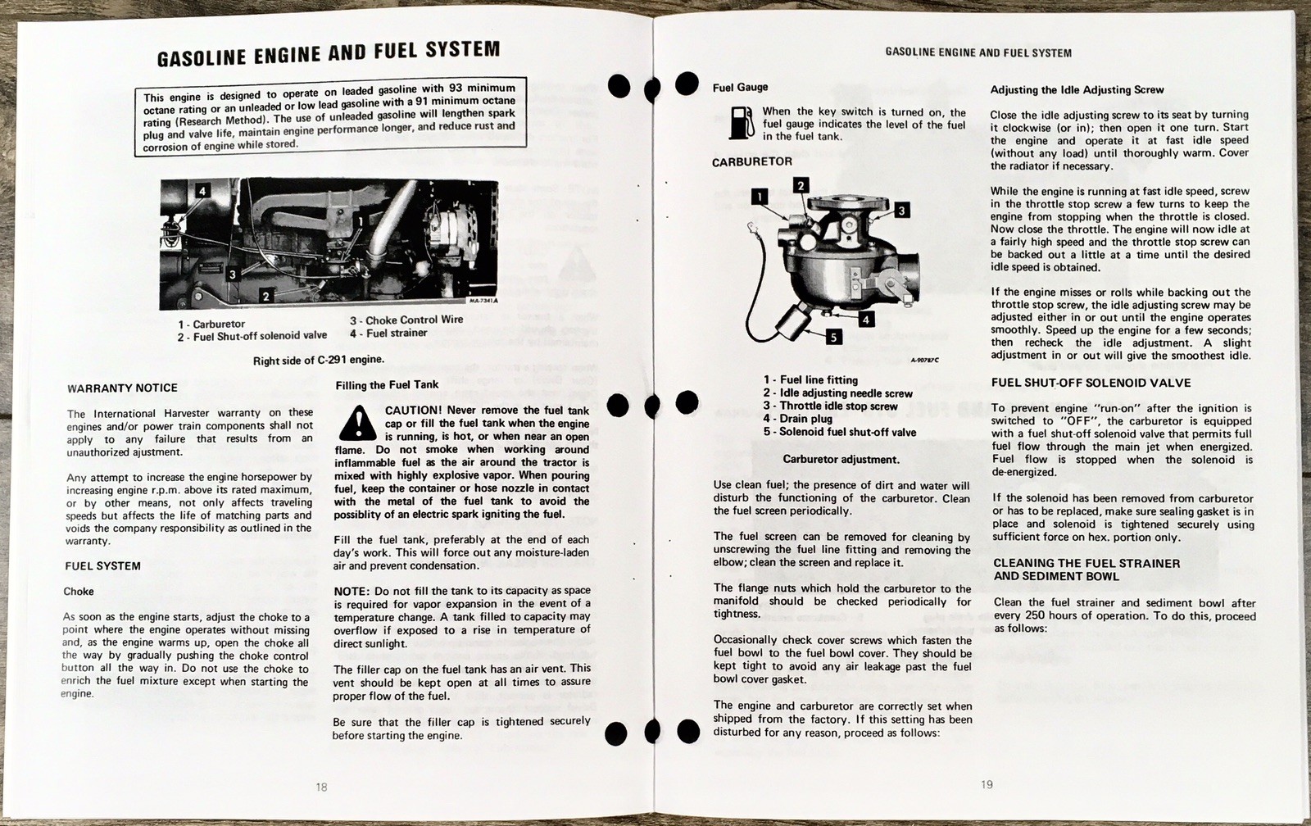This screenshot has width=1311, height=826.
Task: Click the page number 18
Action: click(x=321, y=787)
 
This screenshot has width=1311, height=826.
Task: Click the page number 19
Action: click(x=987, y=784)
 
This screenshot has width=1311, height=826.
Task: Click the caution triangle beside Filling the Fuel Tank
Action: click(x=357, y=423)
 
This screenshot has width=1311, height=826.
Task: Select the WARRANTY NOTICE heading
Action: click(x=122, y=388)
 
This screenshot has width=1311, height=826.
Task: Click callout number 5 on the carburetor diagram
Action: click(x=833, y=336)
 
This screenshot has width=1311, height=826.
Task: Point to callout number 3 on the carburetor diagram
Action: click(x=901, y=211)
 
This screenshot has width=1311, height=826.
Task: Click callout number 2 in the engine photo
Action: click(x=265, y=294)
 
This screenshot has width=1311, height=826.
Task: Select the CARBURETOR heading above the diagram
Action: click(x=751, y=161)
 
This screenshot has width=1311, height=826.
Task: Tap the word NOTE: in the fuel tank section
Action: click(x=352, y=591)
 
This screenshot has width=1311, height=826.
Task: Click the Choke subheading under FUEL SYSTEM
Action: click(x=79, y=591)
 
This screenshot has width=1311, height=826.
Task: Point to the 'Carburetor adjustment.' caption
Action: click(x=841, y=459)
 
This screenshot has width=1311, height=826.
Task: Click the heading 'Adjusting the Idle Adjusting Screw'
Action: click(x=1077, y=90)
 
